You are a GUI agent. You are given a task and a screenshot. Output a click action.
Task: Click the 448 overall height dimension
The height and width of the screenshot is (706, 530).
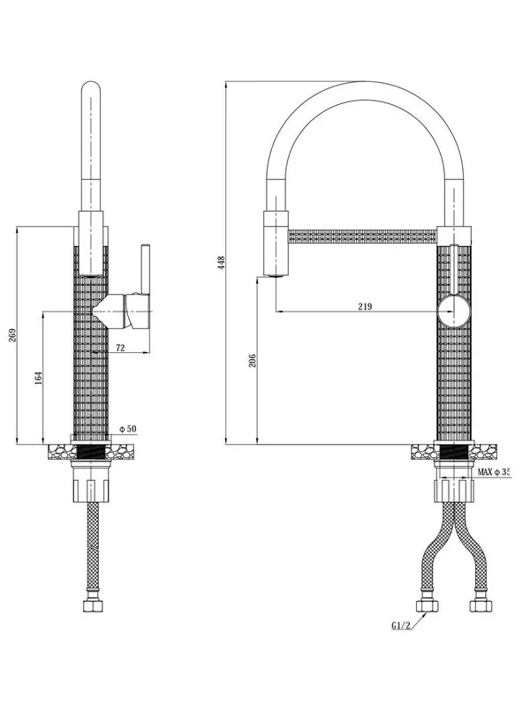pos(221,262)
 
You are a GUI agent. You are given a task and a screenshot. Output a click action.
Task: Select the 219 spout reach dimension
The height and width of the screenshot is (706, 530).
pos(365,306)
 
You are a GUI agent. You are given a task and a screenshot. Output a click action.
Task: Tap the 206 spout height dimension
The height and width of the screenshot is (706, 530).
pos(253,360)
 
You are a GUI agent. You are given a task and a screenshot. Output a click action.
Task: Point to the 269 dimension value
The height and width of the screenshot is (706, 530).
pos(12,335)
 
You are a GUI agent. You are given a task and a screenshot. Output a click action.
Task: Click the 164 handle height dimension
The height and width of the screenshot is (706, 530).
pos(38,378)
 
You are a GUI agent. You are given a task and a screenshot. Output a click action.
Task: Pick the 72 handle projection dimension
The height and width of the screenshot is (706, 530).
pos(120,348)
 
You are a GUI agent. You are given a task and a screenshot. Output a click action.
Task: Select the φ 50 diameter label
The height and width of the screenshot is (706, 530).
pos(127,429)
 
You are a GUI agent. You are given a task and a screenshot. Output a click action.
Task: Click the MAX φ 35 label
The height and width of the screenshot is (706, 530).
pos(494,472)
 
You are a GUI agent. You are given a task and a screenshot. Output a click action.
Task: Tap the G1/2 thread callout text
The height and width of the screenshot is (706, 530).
pos(401,626)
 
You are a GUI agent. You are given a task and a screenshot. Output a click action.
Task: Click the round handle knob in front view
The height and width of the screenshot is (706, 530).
pos(454,312)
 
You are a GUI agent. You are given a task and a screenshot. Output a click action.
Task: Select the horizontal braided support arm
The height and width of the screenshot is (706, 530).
pos(362,237)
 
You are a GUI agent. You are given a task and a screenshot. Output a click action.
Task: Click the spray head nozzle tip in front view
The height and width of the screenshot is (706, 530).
pos(276,275)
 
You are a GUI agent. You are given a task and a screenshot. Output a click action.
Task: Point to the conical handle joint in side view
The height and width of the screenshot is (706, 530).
pos(108,312)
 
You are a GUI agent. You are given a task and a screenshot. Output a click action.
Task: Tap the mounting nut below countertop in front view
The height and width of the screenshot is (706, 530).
pos(454,491)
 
